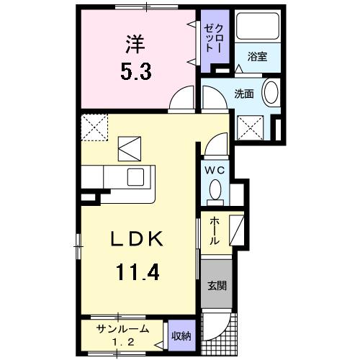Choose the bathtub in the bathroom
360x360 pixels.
257,31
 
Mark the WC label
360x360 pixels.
214,170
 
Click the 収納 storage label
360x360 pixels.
181,334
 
